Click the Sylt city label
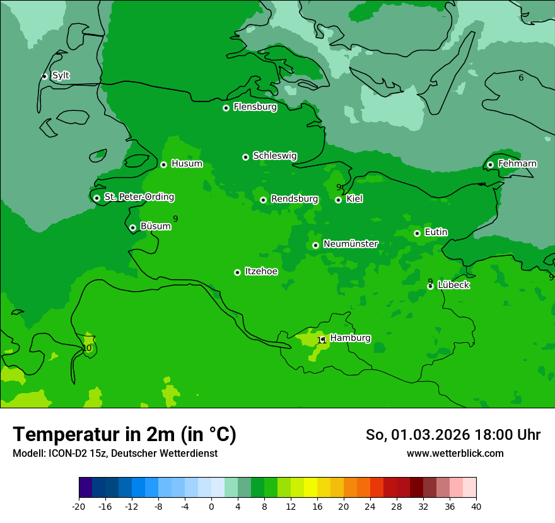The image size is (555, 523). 61,76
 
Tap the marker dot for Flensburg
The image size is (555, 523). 226,108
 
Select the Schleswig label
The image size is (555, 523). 274,156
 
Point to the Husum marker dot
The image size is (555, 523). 163,164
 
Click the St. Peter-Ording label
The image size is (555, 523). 139,197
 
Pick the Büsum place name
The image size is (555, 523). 155,226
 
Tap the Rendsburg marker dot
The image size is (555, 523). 263,200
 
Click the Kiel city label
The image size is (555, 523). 354,199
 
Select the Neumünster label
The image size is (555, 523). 350,244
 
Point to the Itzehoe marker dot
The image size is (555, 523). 237,272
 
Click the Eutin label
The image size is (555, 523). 436,233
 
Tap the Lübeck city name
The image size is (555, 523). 453,285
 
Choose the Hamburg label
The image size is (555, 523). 350,338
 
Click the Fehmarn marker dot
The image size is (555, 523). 490,164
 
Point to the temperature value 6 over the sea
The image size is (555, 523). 521,78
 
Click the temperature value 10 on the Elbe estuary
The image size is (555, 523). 86,348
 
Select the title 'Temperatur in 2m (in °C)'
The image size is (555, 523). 124,434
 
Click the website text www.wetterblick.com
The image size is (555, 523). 455,454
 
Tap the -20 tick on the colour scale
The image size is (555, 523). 79,507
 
